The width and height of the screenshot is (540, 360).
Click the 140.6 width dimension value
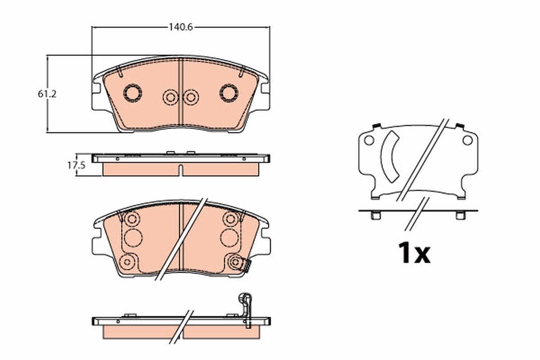pyautogui.click(x=181, y=27)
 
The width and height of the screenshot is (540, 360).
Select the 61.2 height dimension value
pyautogui.click(x=47, y=94)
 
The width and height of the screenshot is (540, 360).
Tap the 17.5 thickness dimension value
pyautogui.click(x=76, y=166)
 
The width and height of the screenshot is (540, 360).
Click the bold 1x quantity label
pyautogui.click(x=414, y=253)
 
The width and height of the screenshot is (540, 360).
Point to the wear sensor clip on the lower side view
pyautogui.click(x=246, y=310)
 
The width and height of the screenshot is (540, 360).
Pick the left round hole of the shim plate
pyautogui.click(x=369, y=140)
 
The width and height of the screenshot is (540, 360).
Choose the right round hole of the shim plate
pyautogui.click(x=468, y=140)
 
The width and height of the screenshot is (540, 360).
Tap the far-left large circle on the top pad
pyautogui.click(x=132, y=93)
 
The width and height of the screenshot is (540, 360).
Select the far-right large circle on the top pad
pyautogui.click(x=229, y=93)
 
